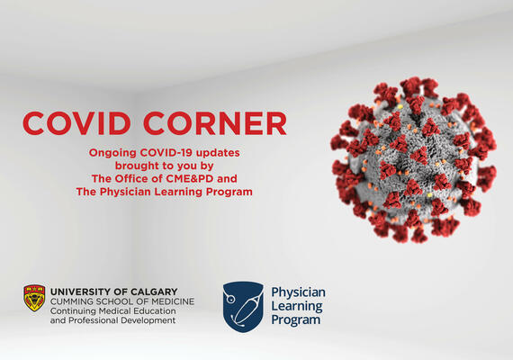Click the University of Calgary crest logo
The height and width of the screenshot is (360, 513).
[x=35, y=298]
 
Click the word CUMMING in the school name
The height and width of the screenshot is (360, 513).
[x=73, y=301]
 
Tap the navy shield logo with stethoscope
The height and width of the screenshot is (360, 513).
[x=242, y=304]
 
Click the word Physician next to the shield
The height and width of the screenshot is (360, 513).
[x=298, y=292]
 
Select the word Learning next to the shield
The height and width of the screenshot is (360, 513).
[x=296, y=306]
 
